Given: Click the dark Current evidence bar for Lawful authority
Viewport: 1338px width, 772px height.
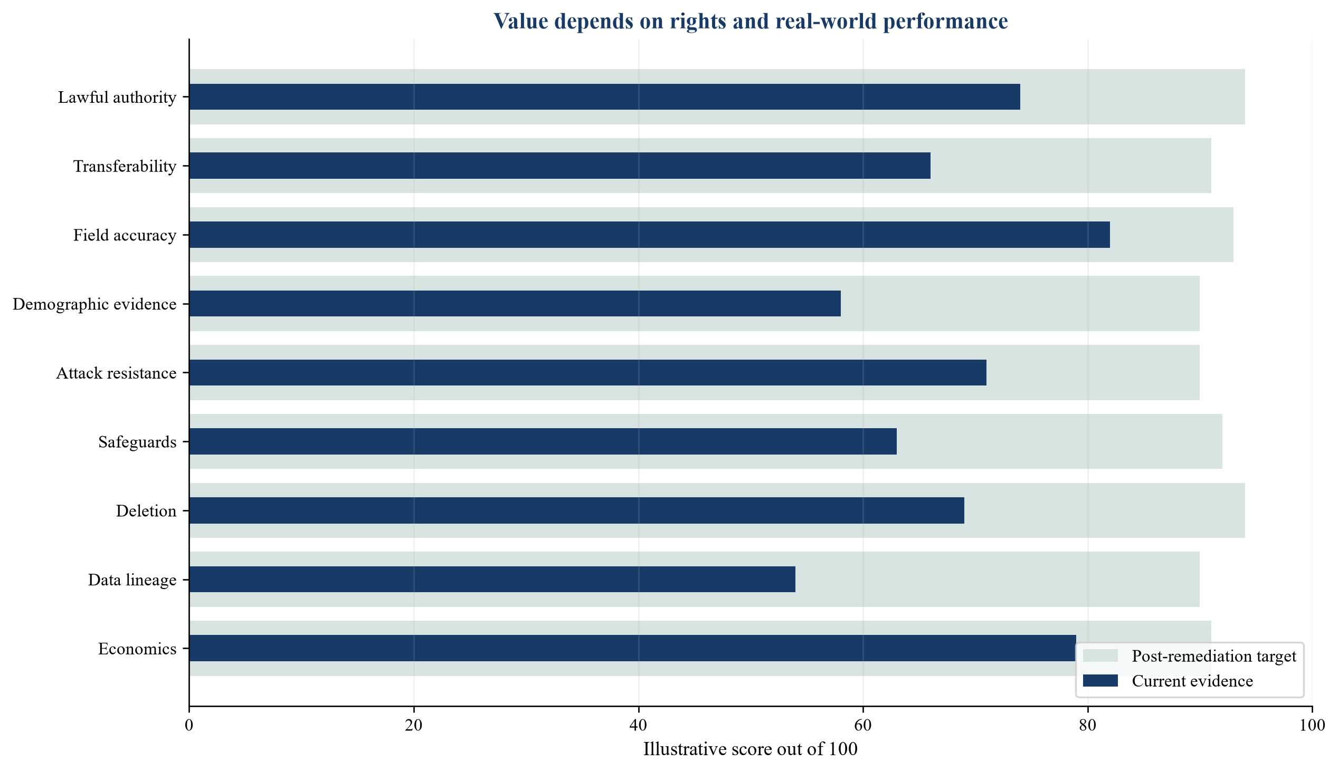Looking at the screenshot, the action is [604, 97].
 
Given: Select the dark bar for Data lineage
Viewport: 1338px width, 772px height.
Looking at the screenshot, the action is [492, 579].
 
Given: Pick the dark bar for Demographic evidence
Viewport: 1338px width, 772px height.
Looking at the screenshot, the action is [515, 303].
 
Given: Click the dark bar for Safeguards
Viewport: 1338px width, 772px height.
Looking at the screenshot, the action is [543, 441].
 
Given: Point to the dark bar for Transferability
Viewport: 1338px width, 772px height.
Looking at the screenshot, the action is [559, 166].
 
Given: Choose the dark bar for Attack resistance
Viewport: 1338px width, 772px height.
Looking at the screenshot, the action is [588, 372].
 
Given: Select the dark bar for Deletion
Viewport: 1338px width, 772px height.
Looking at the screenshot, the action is [577, 510].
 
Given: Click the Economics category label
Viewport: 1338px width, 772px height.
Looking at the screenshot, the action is [137, 649].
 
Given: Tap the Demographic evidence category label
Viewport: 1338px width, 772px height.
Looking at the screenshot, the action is [94, 304].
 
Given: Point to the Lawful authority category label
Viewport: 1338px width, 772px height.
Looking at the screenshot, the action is [117, 98].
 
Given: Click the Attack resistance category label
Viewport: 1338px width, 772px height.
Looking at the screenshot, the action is [116, 373].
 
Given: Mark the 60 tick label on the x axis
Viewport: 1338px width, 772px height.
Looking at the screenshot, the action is [863, 725].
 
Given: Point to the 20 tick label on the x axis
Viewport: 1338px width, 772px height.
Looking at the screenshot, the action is [414, 725].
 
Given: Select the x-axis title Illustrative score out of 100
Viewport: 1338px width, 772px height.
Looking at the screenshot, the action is [750, 749].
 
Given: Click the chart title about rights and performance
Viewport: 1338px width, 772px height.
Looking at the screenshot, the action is [751, 21].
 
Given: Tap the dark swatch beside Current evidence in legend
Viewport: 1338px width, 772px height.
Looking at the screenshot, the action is [1100, 681].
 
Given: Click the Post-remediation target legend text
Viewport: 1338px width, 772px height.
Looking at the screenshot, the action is [1214, 656].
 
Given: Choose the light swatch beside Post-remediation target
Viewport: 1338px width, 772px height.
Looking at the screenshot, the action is [1100, 655].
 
